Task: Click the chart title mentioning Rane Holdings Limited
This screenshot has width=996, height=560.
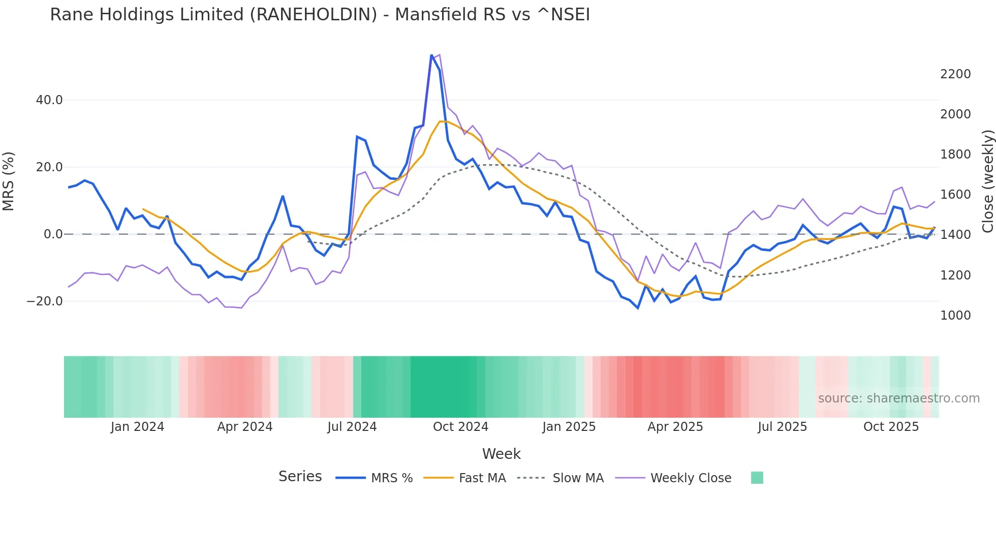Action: (x=320, y=15)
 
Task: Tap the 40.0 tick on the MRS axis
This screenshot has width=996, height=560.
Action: (x=49, y=100)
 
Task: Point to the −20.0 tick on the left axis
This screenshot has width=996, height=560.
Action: (x=45, y=301)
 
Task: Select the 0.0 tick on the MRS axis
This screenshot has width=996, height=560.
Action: (x=53, y=234)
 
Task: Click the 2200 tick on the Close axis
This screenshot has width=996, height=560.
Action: (x=955, y=74)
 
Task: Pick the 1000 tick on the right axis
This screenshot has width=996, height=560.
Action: (x=955, y=316)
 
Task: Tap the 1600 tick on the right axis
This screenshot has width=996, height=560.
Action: (x=955, y=195)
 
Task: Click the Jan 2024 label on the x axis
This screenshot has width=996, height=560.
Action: (x=137, y=427)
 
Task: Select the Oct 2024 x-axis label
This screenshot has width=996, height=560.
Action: (x=460, y=427)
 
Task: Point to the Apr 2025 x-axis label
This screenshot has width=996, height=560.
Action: (x=675, y=427)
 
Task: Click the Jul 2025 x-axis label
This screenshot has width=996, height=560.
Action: (x=782, y=427)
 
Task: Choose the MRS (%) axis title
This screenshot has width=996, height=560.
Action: (x=9, y=181)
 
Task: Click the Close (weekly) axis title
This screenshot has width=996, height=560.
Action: (x=987, y=181)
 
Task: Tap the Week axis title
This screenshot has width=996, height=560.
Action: (x=501, y=454)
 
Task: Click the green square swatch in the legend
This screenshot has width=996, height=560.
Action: (x=757, y=478)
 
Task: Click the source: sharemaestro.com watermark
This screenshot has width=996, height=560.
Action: (x=898, y=398)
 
